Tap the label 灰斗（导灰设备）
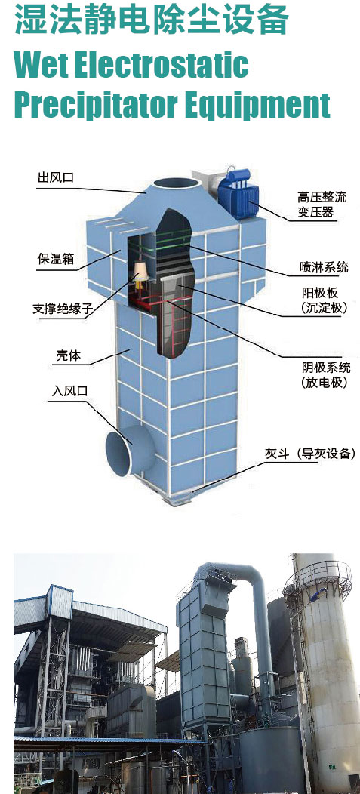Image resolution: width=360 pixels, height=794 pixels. point(310,453)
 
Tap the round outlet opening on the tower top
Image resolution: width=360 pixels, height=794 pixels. point(177,183)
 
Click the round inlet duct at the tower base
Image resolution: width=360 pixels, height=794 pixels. point(125,451)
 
